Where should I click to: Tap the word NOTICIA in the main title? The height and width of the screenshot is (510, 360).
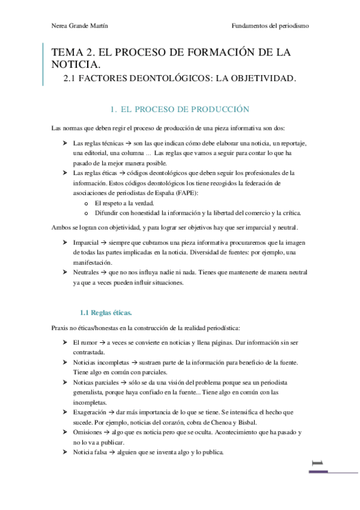point(76,64)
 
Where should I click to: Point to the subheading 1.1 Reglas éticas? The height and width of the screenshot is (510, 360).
point(106,312)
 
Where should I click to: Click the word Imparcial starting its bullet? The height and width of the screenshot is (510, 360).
point(85,242)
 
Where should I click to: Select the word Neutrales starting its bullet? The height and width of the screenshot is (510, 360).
point(87,272)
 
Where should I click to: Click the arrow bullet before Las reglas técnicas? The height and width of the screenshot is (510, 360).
point(65,144)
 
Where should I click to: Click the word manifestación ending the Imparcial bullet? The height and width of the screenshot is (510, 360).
point(93,262)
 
